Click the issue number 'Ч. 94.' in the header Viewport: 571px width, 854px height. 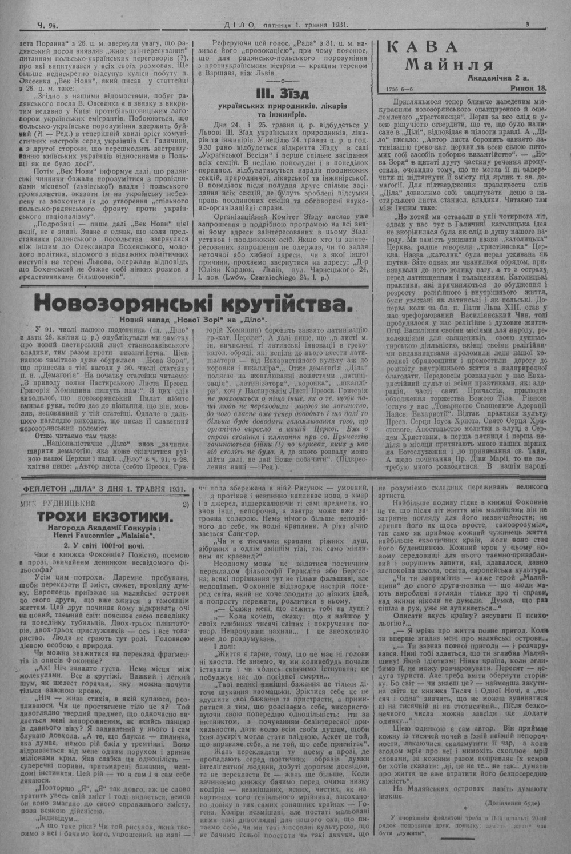tap(48, 25)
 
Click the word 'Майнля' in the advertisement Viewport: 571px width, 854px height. tap(449, 65)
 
